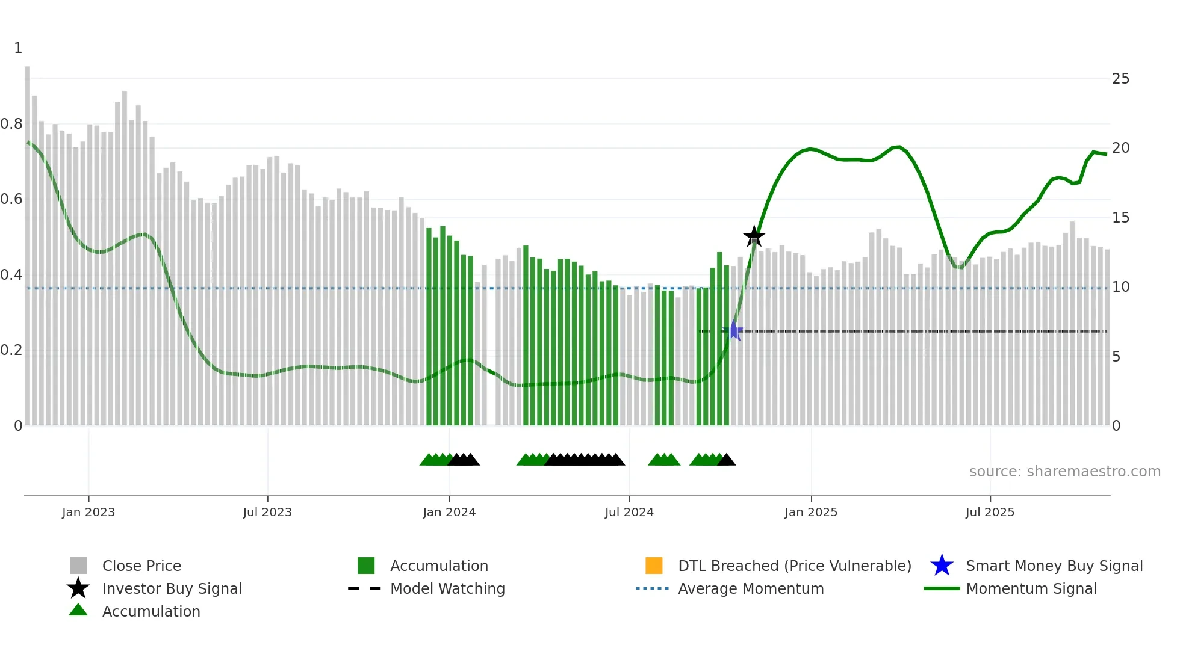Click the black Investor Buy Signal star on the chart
pos(754,236)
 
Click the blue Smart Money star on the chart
pos(734,330)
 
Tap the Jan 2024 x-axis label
pos(449,512)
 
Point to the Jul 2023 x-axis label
pos(267,512)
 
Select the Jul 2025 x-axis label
pos(990,512)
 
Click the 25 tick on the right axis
pos(1120,79)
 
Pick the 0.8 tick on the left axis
pos(11,124)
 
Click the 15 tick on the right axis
pos(1120,218)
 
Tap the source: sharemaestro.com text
pos(1064,472)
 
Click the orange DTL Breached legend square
pos(654,566)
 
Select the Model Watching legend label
pos(447,588)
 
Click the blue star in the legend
pos(942,566)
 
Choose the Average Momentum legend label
pos(751,588)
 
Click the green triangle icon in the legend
pos(78,610)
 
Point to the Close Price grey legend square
pos(78,566)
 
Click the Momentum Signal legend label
pos(1031,588)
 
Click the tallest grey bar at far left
pos(28,241)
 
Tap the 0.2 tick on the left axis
pos(11,350)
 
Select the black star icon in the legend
pos(78,588)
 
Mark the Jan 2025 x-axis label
pos(811,512)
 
